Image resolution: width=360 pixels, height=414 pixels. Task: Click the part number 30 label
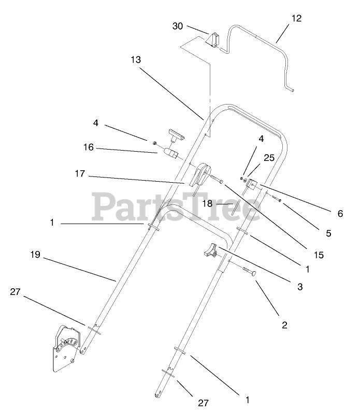click(178, 26)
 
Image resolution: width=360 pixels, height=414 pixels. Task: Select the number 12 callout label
click(296, 18)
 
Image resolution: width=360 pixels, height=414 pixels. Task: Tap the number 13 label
click(136, 60)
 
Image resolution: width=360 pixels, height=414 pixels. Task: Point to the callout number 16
click(88, 147)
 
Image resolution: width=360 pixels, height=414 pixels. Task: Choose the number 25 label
click(269, 158)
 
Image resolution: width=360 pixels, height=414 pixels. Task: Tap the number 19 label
click(35, 255)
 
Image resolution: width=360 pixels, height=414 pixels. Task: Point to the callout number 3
click(300, 286)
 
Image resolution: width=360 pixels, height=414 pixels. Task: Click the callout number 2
click(284, 326)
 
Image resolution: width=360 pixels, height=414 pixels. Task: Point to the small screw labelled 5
click(277, 200)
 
